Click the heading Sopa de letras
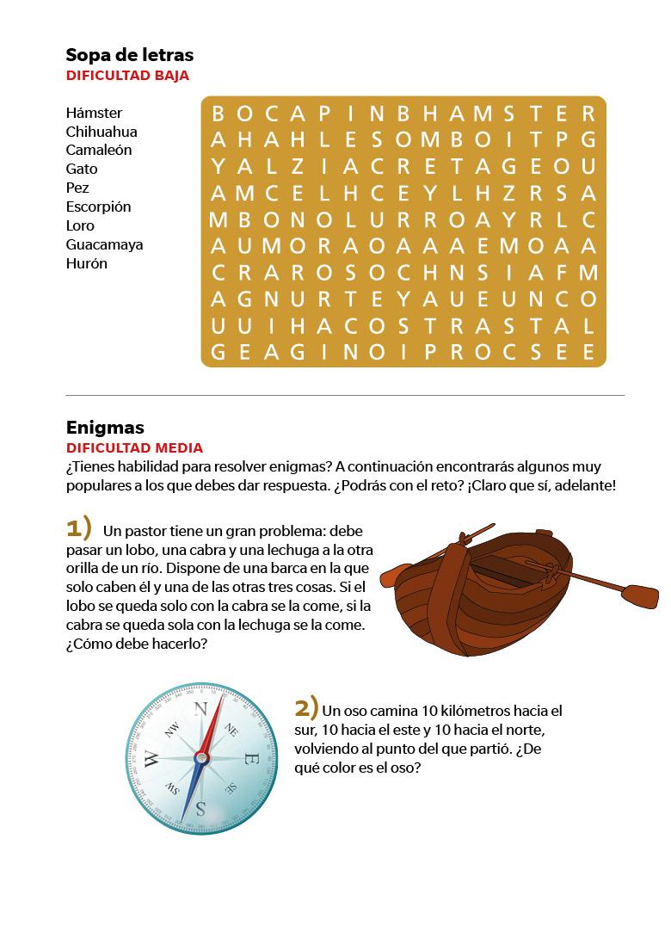tap(130, 55)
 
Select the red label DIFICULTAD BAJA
tap(127, 76)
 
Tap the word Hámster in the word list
tap(94, 114)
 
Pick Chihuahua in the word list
tap(102, 132)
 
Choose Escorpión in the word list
tap(98, 207)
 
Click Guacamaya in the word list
tap(104, 244)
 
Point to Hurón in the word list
tap(86, 263)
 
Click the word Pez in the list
tap(77, 188)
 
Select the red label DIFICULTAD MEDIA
tap(134, 448)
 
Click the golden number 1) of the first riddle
tap(78, 527)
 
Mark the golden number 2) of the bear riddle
tap(307, 708)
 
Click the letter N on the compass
tap(201, 709)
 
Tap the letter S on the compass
tap(200, 807)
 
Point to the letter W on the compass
tap(151, 758)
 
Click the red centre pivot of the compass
tap(201, 757)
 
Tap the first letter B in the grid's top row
tap(219, 114)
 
